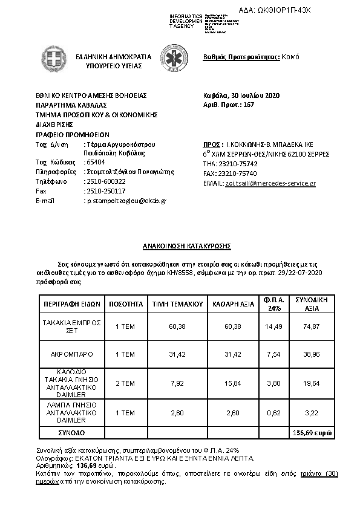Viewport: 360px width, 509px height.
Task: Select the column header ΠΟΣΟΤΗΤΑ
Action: pos(125,303)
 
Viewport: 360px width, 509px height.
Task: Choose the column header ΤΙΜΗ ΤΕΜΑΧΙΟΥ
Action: pos(177,303)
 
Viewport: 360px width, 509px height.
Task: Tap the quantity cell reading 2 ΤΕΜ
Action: pos(125,382)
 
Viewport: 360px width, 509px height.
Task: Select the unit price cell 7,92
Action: pos(177,382)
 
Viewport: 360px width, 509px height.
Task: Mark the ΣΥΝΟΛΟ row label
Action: pos(71,433)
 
